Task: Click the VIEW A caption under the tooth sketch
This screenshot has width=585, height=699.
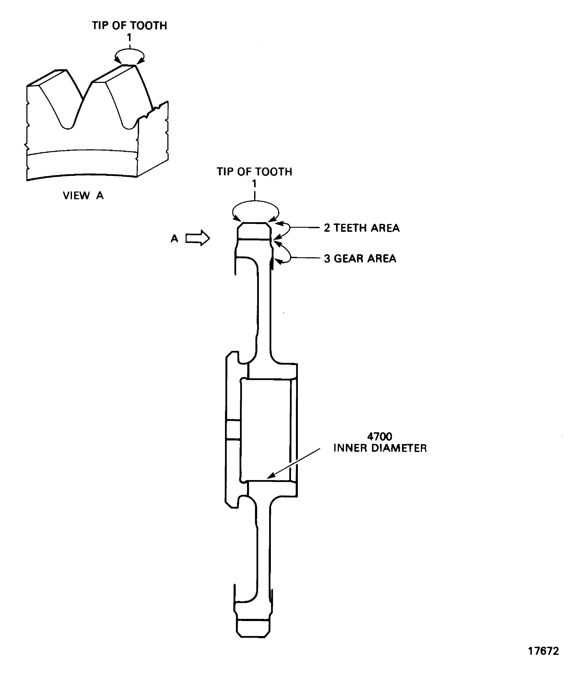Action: pos(83,195)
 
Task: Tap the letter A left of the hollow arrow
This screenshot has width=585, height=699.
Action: pos(174,239)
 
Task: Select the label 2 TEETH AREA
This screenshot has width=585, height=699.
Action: pos(361,228)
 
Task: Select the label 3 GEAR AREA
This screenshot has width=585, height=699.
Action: pos(360,259)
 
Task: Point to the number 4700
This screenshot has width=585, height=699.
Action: pos(379,436)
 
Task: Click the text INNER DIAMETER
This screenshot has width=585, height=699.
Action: pos(380,448)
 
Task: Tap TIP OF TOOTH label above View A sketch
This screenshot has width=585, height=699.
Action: pos(129,26)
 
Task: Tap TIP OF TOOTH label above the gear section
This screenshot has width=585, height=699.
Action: pos(254,172)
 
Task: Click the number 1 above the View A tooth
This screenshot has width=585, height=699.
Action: pos(129,38)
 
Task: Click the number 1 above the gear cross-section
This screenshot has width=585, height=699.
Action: pos(254,184)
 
